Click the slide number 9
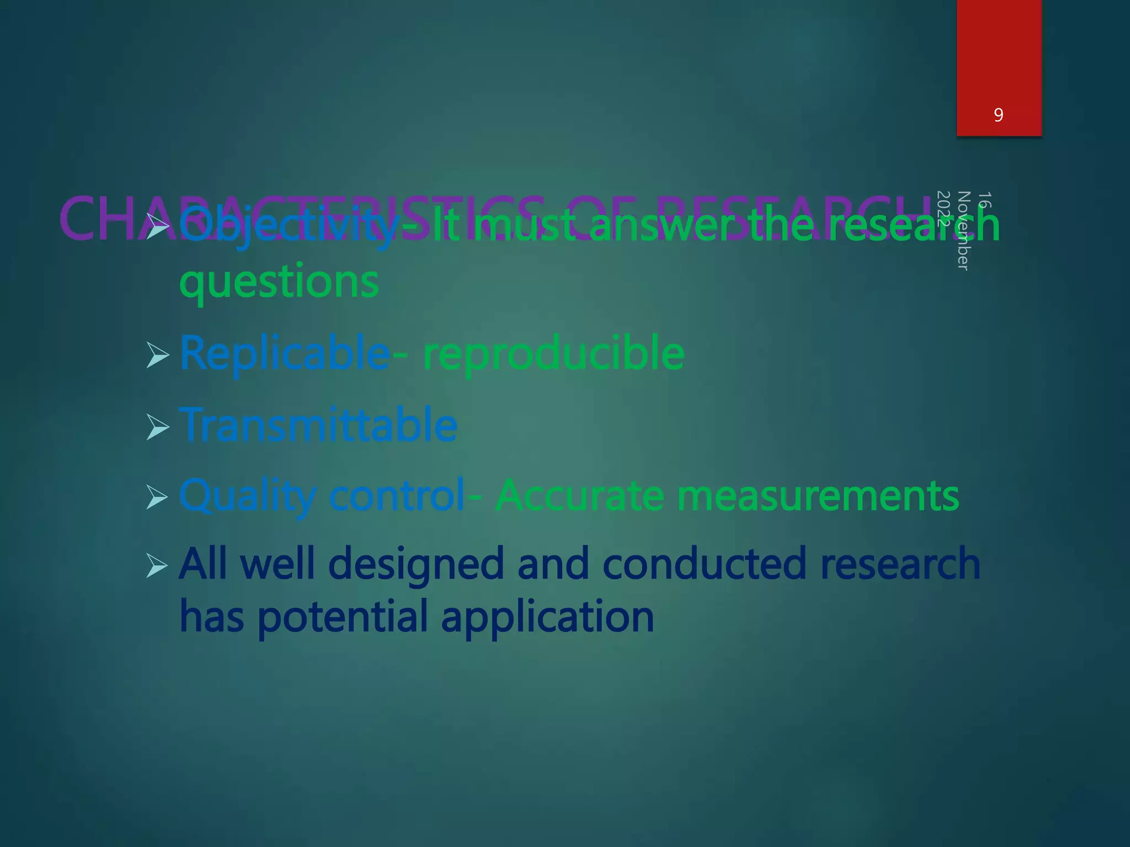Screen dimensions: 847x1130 [998, 115]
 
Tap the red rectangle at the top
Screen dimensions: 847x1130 [999, 55]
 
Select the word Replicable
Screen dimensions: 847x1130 [284, 353]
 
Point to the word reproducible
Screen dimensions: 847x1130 [553, 353]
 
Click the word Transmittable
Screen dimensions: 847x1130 [318, 425]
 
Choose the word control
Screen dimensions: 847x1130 [397, 496]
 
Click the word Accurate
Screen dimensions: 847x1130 [579, 496]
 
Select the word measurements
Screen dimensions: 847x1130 [818, 496]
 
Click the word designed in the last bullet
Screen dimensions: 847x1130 [416, 564]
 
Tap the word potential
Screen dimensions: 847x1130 [343, 617]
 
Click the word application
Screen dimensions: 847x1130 [547, 617]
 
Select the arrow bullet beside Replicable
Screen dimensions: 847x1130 [158, 355]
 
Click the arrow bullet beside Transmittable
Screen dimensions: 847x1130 [158, 427]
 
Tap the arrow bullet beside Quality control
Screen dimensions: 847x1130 [158, 497]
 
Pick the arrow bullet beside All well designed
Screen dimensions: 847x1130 [158, 566]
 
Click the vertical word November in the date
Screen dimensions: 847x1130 [963, 230]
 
